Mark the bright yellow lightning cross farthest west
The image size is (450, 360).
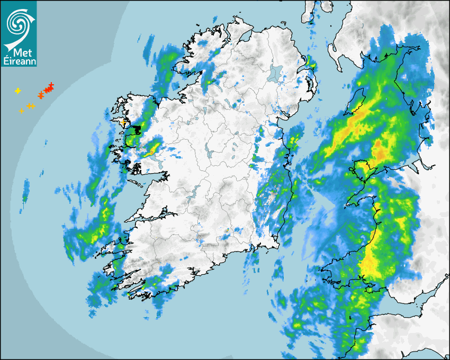click(17, 91)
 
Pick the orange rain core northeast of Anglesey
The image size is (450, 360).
click(379, 150)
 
